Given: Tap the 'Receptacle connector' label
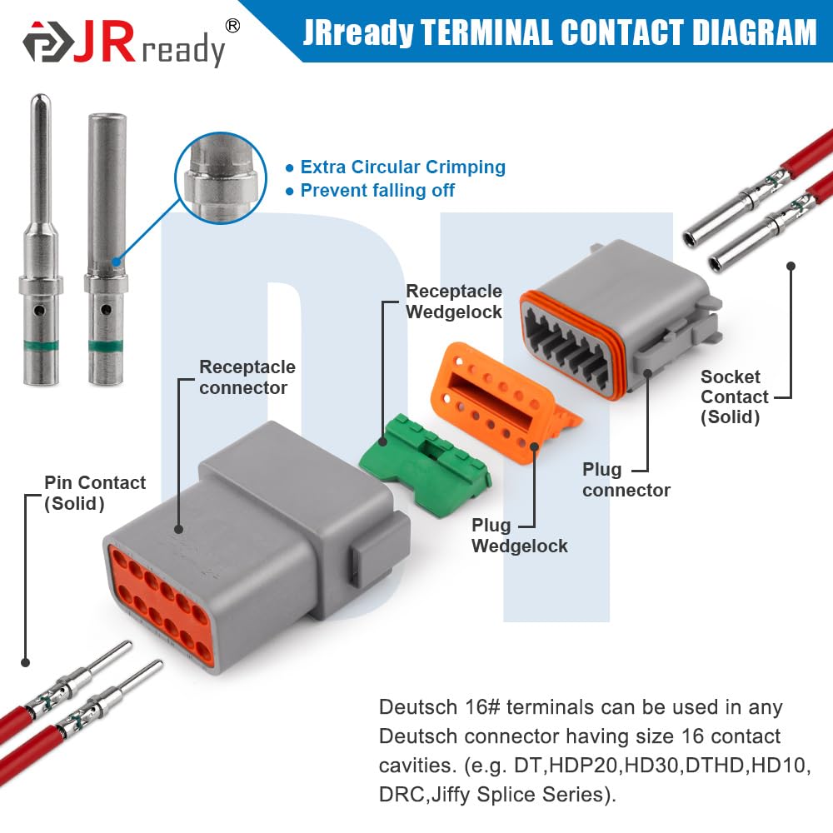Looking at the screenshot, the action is coord(247,377).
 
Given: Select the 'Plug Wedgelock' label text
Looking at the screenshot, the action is coord(520,536).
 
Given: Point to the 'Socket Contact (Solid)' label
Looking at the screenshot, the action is coord(734,397).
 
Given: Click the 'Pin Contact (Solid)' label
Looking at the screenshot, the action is coord(95,493).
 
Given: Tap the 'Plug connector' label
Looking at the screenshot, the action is coord(626,480).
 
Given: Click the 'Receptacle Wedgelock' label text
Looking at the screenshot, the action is coord(454,302).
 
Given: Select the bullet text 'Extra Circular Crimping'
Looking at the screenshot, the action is coord(402,167).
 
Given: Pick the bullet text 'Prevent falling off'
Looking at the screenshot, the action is coord(377,190).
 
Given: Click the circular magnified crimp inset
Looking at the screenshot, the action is coord(221,178).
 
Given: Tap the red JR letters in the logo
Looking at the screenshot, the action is coord(104,42).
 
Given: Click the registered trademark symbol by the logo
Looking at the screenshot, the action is coord(232,26).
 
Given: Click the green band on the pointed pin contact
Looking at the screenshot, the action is coord(41,346).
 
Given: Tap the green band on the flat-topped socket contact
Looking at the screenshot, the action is coord(106,347).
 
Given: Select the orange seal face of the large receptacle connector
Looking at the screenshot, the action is coord(162,606).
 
